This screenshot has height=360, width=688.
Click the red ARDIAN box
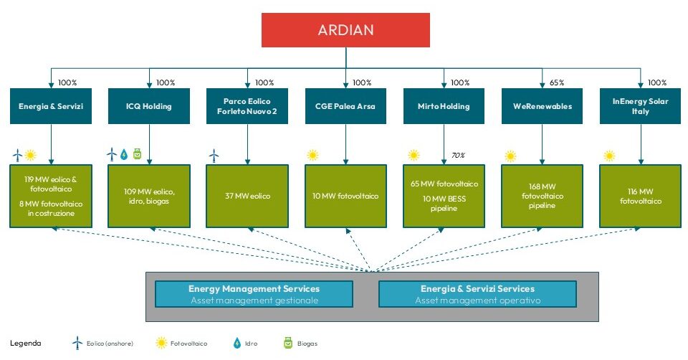[345, 30]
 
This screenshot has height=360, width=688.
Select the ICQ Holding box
[149, 106]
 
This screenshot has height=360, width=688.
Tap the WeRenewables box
[542, 106]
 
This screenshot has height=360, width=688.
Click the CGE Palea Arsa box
[345, 106]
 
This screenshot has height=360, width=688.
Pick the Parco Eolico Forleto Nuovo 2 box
[247, 106]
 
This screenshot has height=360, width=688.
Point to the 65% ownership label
[557, 82]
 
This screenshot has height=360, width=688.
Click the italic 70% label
[458, 156]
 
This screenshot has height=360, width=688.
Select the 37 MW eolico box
[247, 196]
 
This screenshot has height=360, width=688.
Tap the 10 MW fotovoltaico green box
[345, 196]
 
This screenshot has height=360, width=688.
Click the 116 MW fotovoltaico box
[641, 196]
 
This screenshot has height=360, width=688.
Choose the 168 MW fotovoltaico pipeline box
[542, 196]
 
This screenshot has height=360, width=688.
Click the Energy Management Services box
[254, 294]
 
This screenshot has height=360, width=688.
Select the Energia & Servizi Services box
[477, 294]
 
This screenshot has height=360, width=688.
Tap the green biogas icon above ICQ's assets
[138, 154]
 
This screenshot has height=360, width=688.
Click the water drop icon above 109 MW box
[124, 154]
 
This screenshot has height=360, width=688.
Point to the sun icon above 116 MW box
[609, 156]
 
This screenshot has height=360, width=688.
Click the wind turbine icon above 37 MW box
[214, 156]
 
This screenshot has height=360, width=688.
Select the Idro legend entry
[245, 344]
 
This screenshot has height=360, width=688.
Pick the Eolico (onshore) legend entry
[102, 344]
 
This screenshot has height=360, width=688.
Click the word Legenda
[26, 344]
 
